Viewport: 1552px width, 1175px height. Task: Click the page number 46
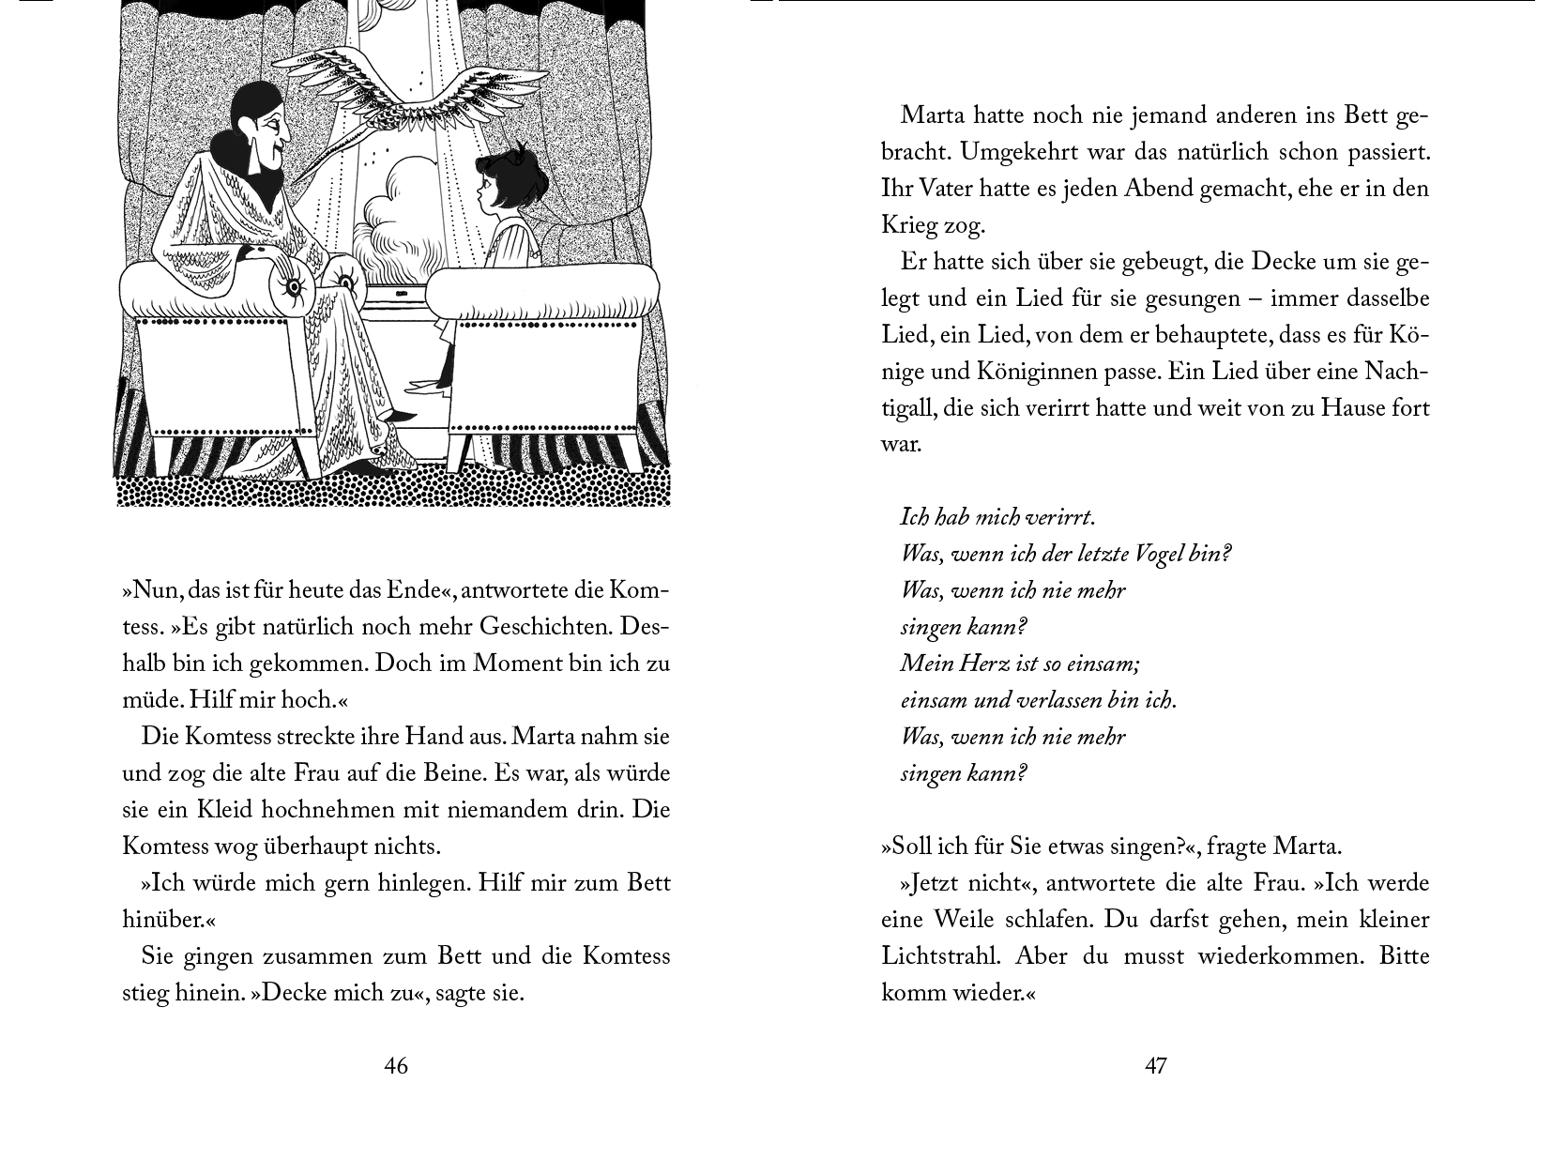coord(396,1066)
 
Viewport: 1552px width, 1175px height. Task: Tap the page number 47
coord(1155,1066)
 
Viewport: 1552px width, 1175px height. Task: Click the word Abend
coord(1152,188)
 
